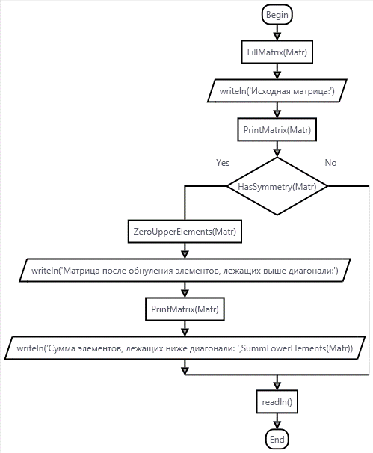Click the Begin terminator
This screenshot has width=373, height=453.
tap(277, 15)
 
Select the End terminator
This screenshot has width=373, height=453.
tap(277, 440)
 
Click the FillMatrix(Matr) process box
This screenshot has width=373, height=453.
tap(277, 52)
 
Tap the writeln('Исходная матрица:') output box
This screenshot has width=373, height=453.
tap(277, 91)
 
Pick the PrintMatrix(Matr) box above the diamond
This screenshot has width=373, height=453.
tap(277, 130)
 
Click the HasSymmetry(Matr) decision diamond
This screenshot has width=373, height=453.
tap(277, 186)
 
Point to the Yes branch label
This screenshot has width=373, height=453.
tap(223, 163)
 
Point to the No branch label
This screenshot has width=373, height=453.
tap(330, 163)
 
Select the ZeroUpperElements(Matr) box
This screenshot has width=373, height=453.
tap(185, 232)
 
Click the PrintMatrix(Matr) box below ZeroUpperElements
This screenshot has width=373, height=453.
tap(185, 309)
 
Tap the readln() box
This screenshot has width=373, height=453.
tap(277, 402)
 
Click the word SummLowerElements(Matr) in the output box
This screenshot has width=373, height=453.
tap(297, 348)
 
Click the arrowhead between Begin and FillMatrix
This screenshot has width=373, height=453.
tap(277, 37)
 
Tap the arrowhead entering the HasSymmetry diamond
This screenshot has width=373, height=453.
tap(277, 153)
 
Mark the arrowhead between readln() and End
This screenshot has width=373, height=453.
tap(277, 425)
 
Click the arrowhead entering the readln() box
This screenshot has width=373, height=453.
tap(277, 386)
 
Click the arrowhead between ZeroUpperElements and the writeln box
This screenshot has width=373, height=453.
tap(185, 254)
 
